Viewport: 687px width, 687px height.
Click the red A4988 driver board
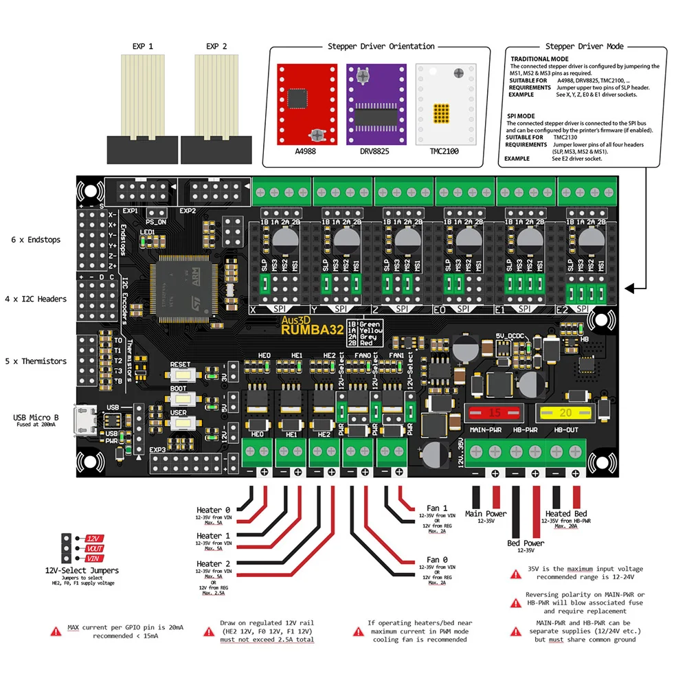point(307,104)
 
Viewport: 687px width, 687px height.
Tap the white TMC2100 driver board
point(446,104)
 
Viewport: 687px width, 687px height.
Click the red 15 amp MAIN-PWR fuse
point(495,413)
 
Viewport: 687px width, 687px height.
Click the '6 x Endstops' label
point(36,240)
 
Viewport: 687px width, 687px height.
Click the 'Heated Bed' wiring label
point(566,513)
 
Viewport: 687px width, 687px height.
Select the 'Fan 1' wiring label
point(437,508)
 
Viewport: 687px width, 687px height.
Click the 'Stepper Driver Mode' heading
point(584,46)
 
